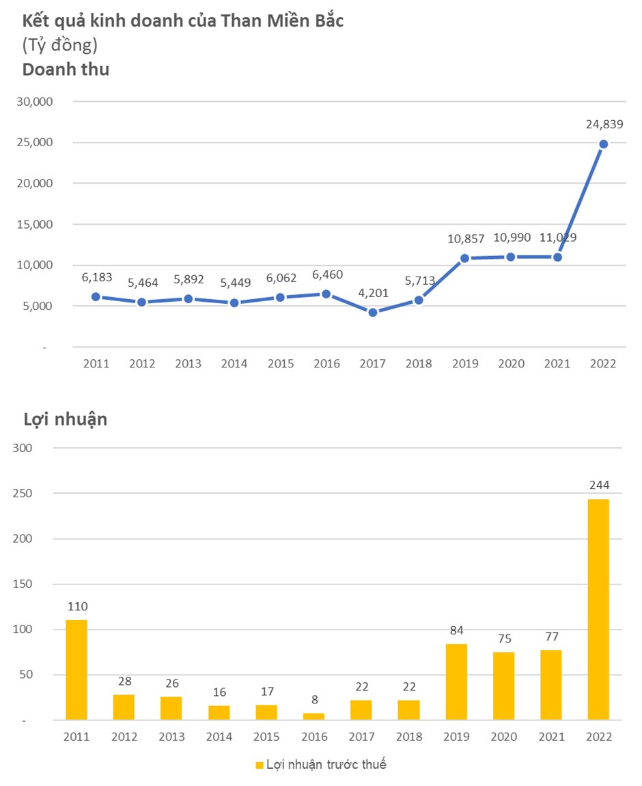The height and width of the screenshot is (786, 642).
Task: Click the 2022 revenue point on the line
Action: click(603, 144)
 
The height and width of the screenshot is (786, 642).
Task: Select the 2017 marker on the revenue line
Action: click(373, 312)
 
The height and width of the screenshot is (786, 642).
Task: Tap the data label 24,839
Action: click(604, 124)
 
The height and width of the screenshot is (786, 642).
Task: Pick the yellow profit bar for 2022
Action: click(598, 609)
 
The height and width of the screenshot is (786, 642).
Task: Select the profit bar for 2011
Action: click(76, 669)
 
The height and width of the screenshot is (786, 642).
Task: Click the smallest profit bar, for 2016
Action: click(313, 716)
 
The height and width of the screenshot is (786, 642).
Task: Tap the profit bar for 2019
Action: click(456, 682)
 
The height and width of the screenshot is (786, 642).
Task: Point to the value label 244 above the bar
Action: click(598, 486)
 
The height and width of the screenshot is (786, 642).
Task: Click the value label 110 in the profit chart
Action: click(77, 606)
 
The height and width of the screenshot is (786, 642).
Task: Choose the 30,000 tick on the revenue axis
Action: click(34, 102)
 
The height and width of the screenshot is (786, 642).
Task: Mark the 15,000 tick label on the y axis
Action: click(34, 225)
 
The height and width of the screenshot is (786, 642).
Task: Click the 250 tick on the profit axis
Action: click(23, 493)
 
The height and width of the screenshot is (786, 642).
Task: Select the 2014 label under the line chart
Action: click(234, 364)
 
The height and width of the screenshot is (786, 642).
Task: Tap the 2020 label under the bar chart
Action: click(503, 738)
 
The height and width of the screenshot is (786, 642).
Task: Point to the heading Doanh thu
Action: click(66, 69)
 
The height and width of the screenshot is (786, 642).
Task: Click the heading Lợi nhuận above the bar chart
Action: click(65, 419)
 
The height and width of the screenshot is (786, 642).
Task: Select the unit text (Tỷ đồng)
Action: click(60, 45)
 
